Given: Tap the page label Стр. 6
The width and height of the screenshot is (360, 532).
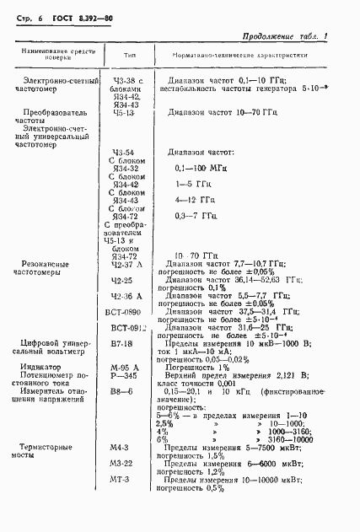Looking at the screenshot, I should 24,16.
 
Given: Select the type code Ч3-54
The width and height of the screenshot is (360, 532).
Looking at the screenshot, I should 122,152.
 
